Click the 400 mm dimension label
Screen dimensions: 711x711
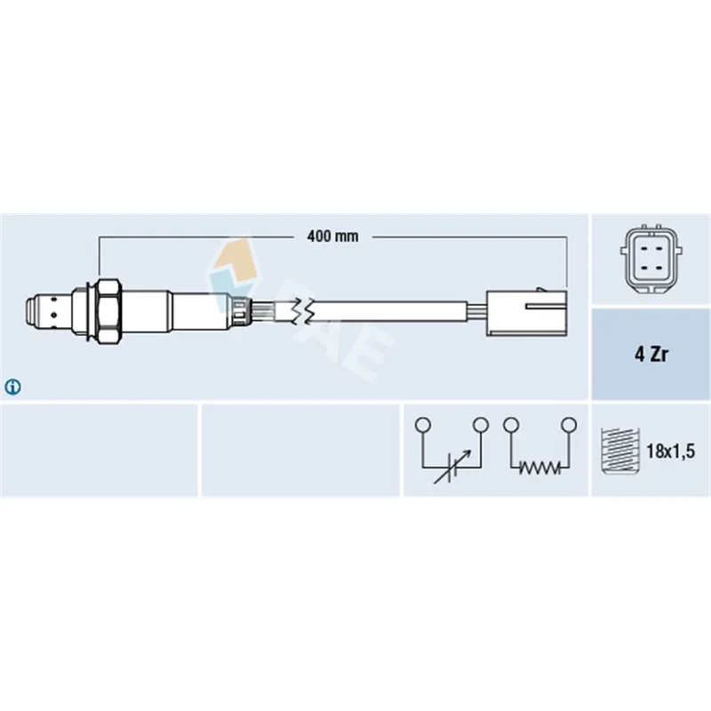point(332,236)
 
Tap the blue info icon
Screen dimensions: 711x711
point(12,387)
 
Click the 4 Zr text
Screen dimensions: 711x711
point(651,354)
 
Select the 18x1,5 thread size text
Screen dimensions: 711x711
point(670,451)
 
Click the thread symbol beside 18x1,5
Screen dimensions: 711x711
point(619,451)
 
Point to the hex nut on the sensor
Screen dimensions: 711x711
point(108,311)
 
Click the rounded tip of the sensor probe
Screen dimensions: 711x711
point(32,311)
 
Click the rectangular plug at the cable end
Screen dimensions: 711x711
point(526,312)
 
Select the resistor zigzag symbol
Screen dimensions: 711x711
point(539,468)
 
